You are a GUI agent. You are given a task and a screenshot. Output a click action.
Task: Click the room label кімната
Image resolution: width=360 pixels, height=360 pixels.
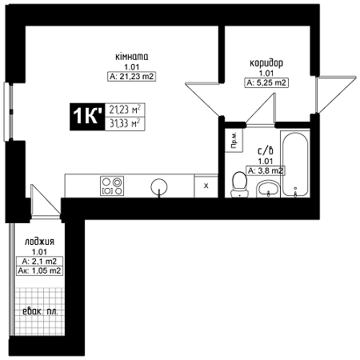pyautogui.click(x=132, y=57)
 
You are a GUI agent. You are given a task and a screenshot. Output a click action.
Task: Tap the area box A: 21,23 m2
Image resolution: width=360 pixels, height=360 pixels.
pyautogui.click(x=132, y=77)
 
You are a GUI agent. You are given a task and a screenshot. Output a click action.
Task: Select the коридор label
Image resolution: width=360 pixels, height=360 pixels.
pyautogui.click(x=266, y=63)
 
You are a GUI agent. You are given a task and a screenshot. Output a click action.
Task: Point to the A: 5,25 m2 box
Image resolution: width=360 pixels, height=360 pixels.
pyautogui.click(x=266, y=82)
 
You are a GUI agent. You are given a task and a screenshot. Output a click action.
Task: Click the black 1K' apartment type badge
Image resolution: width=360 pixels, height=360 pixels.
pyautogui.click(x=87, y=117)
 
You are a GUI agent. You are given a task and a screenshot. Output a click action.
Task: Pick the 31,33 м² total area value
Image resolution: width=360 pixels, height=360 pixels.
pyautogui.click(x=125, y=123)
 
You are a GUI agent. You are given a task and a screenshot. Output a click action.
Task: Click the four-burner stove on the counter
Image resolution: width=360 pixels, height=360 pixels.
pyautogui.click(x=112, y=186)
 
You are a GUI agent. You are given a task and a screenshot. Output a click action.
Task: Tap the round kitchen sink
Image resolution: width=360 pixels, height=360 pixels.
pyautogui.click(x=159, y=186)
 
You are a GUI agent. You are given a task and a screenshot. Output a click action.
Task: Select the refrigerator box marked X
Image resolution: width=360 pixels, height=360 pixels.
pyautogui.click(x=206, y=186)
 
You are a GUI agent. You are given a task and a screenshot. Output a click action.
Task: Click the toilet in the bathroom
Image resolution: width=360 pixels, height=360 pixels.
pyautogui.click(x=239, y=185)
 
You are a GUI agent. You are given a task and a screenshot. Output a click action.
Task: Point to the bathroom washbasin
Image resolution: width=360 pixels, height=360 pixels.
pyautogui.click(x=268, y=189)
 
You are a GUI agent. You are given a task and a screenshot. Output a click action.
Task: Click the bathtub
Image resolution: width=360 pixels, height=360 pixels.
pyautogui.click(x=295, y=164)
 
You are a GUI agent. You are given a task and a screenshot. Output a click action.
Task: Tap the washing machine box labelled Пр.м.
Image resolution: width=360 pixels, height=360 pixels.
pyautogui.click(x=234, y=140)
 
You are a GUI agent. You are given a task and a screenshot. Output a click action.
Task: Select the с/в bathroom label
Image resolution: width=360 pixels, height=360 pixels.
pyautogui.click(x=266, y=150)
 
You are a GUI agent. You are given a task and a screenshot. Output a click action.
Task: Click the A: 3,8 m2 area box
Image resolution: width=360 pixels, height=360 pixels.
pyautogui.click(x=266, y=170)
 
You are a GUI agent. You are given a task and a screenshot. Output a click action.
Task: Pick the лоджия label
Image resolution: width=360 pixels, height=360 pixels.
pyautogui.click(x=39, y=242)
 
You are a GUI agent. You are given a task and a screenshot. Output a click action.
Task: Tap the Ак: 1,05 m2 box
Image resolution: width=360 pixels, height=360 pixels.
pyautogui.click(x=39, y=271)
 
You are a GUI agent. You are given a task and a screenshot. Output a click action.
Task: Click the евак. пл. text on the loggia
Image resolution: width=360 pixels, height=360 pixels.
pyautogui.click(x=40, y=311)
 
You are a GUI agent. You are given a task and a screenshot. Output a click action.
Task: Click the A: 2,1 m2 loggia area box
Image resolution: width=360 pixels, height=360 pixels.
pyautogui.click(x=39, y=262)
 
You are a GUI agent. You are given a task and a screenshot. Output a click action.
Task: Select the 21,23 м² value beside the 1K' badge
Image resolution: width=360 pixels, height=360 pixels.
pyautogui.click(x=125, y=110)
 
